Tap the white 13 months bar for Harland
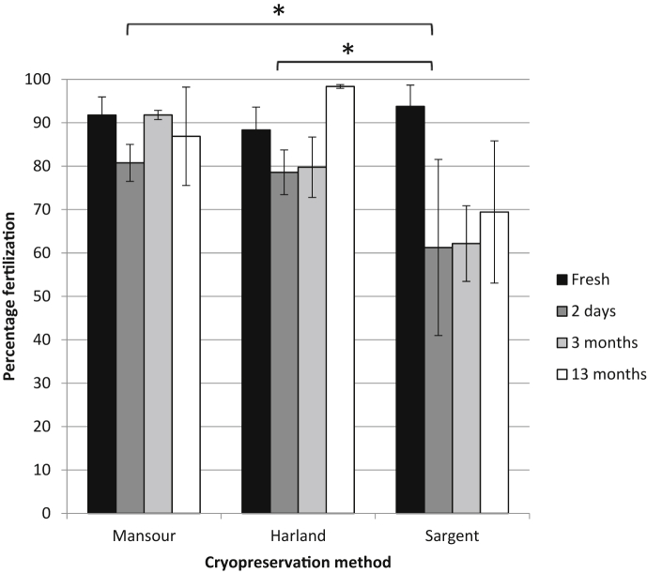pyautogui.click(x=340, y=300)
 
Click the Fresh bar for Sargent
pyautogui.click(x=411, y=309)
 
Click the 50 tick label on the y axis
pyautogui.click(x=59, y=296)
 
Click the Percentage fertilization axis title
pyautogui.click(x=13, y=297)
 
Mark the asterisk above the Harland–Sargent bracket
pyautogui.click(x=348, y=50)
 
